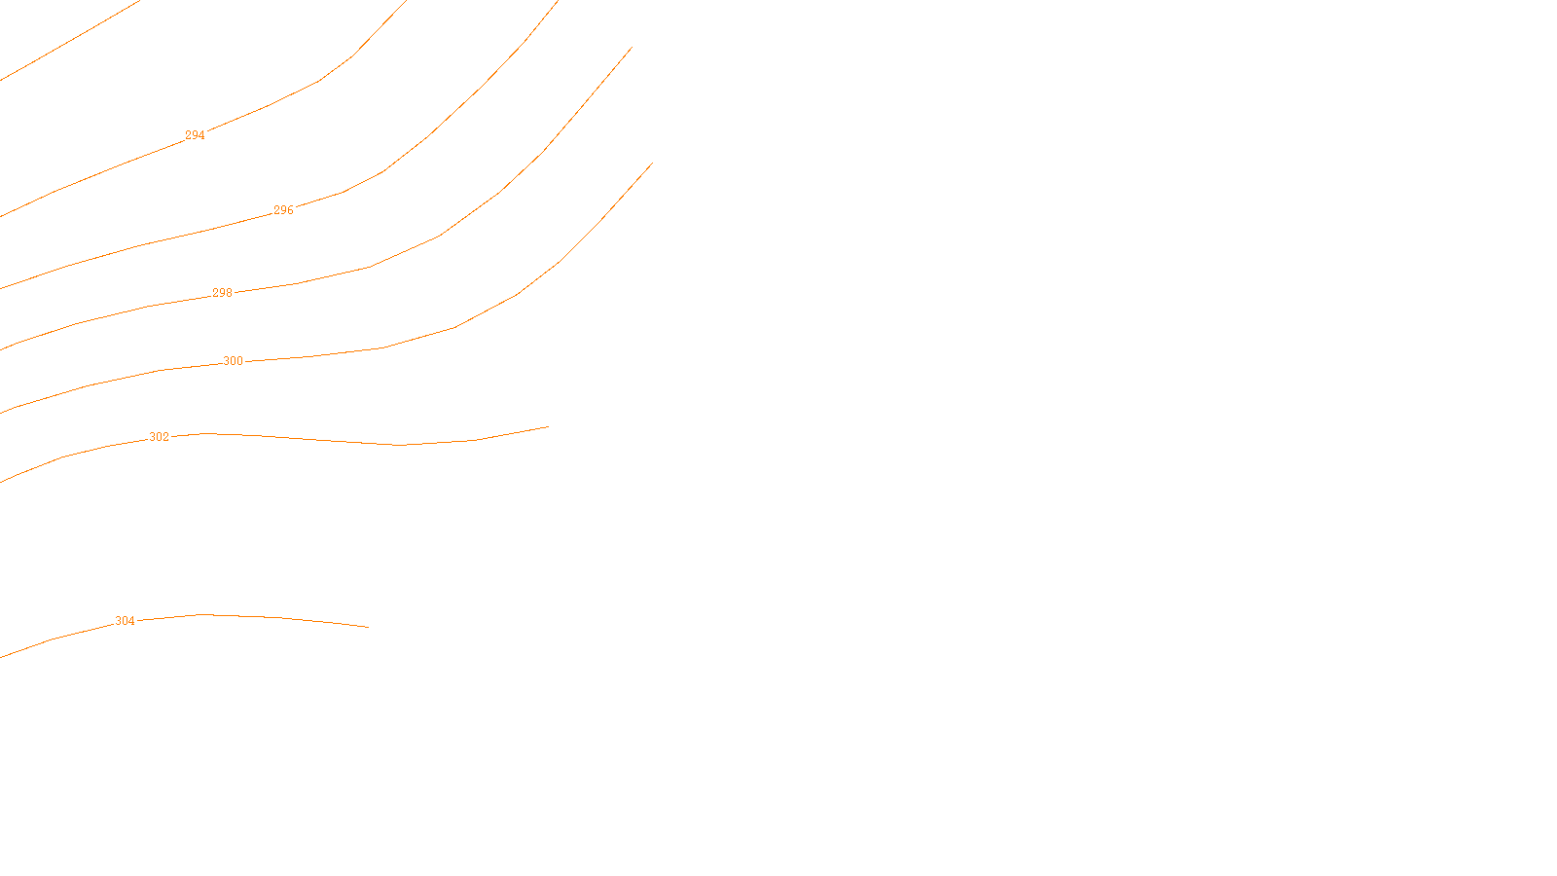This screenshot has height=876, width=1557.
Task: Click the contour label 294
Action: [195, 135]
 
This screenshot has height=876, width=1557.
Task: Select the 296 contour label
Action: [283, 210]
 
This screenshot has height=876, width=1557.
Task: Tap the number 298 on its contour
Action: [223, 293]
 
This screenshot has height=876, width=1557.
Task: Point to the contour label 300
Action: [234, 361]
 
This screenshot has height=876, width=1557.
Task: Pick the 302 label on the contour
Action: [159, 437]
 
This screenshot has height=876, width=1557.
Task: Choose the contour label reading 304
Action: [126, 621]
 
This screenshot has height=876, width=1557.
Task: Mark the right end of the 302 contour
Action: [548, 426]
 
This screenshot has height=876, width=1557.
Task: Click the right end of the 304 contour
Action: [368, 627]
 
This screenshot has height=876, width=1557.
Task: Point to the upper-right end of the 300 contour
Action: [651, 164]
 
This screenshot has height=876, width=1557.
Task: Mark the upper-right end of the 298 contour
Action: [632, 48]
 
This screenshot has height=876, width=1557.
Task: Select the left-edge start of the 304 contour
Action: [2, 656]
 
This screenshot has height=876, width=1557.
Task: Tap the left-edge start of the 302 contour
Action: [2, 481]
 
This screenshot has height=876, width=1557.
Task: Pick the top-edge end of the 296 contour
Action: [557, 2]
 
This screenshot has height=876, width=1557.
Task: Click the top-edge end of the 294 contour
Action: [406, 2]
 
